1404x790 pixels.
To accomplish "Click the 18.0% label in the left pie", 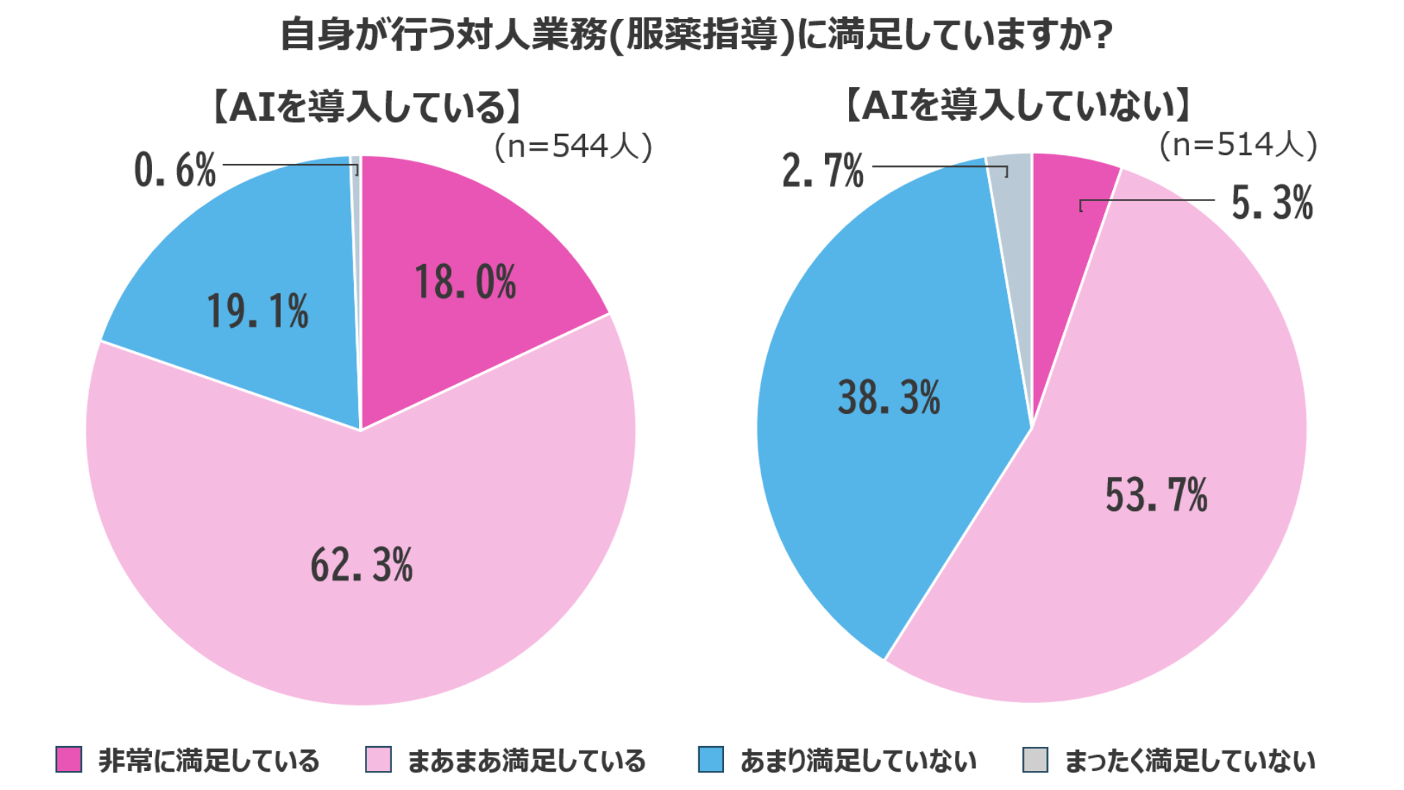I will [x=465, y=282].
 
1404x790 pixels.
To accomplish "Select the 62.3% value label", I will [x=361, y=565].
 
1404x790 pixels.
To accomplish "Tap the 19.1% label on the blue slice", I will [x=257, y=311].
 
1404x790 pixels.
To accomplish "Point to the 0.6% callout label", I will [x=175, y=170].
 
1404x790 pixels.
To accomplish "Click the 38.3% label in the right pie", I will [x=888, y=398].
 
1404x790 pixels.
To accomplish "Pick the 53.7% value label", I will [x=1156, y=495].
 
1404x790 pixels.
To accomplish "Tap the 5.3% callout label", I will [x=1272, y=203].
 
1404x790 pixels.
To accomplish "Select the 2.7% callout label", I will [x=823, y=171].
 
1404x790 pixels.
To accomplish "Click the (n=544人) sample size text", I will [x=573, y=147].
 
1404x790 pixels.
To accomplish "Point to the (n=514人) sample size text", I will [x=1238, y=145].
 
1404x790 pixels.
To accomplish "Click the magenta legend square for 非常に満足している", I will [x=69, y=760].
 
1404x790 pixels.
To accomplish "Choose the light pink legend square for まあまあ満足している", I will [x=378, y=760].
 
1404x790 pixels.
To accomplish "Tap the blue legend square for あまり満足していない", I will [x=711, y=760].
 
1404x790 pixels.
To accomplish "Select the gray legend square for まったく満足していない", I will [x=1035, y=760].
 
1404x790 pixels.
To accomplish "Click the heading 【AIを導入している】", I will [x=367, y=108].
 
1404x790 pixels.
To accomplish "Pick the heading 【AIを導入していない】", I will [x=1019, y=105].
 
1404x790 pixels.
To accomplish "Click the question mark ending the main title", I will [x=1102, y=35].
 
